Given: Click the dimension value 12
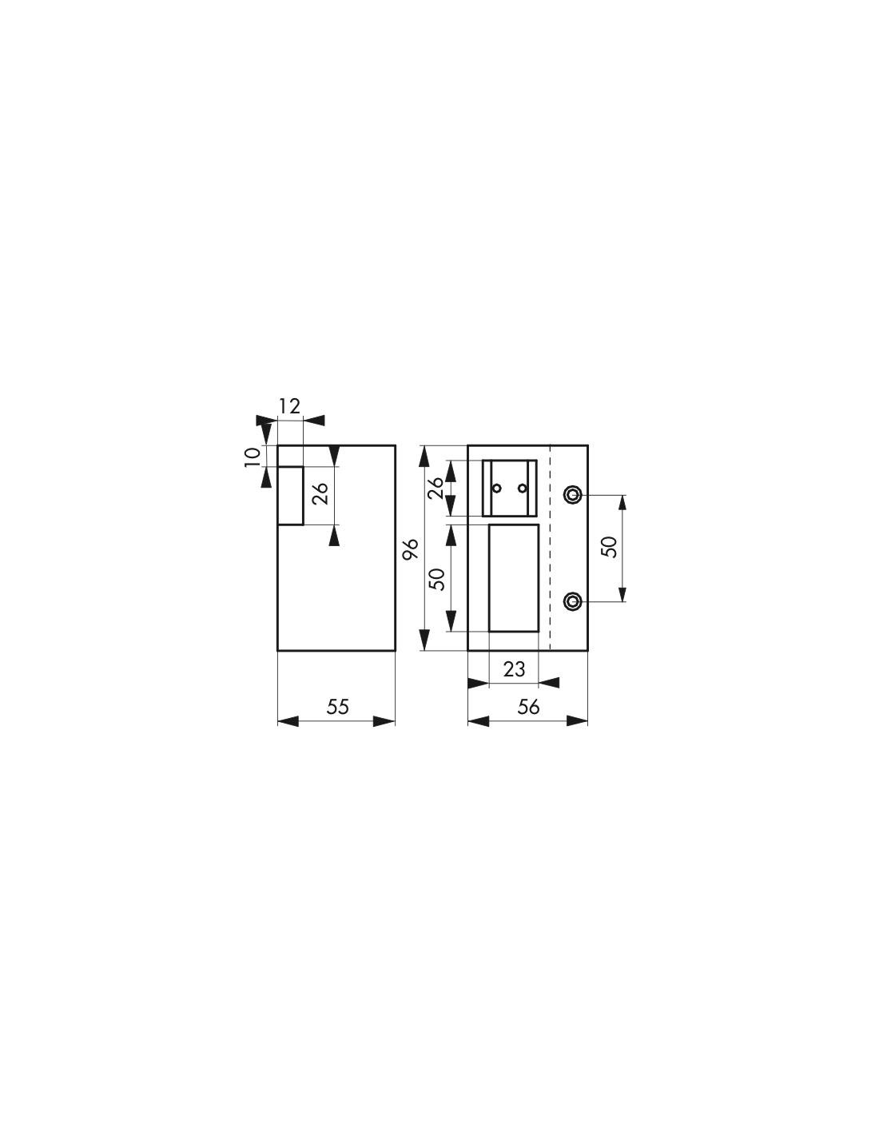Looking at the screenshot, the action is (x=289, y=405).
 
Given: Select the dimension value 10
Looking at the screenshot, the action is (x=252, y=457).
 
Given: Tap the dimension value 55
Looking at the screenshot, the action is (x=337, y=707).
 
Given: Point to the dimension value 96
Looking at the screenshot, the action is (x=411, y=549).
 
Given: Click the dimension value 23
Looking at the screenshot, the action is (x=514, y=669).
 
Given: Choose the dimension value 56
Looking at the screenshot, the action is (x=528, y=707).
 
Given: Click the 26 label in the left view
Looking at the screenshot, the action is (x=320, y=493).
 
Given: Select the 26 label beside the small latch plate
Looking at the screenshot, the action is (x=436, y=489).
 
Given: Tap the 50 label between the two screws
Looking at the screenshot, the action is (x=609, y=547).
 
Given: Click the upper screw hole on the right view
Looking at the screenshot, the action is (x=573, y=494).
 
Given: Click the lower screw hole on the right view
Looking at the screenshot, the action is (x=573, y=602).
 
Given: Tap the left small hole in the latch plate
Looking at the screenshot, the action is (x=497, y=489).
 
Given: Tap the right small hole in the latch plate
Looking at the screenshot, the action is (x=522, y=489).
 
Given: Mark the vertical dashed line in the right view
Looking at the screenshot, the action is (x=551, y=548).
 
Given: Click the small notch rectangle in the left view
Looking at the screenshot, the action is (x=290, y=496).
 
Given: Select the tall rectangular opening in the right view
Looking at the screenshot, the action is (x=514, y=577).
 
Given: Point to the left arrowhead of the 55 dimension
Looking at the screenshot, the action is (x=288, y=722).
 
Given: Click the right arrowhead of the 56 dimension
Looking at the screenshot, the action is (x=577, y=722).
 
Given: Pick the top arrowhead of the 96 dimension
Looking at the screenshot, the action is (x=424, y=456).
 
